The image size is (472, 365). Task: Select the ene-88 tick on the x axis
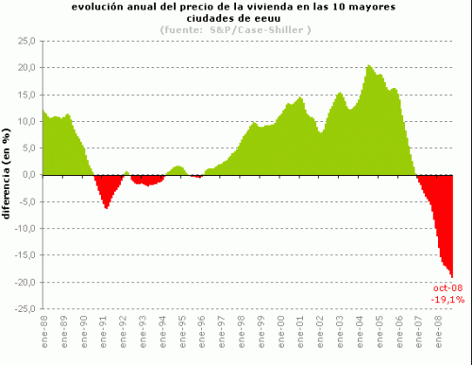(44, 330)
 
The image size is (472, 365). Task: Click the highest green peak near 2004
(369, 66)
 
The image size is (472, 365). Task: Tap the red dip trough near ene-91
(106, 207)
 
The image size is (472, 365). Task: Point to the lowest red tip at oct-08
(452, 275)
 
